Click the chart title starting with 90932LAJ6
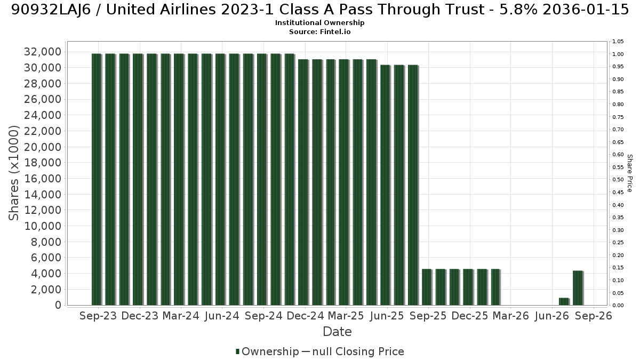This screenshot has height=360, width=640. coord(320,10)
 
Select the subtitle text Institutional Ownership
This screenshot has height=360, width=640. coord(319,23)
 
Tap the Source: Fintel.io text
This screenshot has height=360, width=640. coord(319,31)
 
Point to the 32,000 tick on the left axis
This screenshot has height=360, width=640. coord(43,52)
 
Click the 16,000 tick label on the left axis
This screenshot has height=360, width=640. coord(43,179)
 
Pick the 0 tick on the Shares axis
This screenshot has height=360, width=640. coord(58,305)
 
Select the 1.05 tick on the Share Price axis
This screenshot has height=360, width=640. coord(618,42)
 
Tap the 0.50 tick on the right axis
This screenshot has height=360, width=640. coord(618,180)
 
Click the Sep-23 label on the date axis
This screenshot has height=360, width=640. coord(98,316)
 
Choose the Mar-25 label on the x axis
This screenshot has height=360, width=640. coord(346,316)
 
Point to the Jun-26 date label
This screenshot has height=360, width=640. coord(552,316)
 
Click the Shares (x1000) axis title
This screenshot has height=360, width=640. coord(14,173)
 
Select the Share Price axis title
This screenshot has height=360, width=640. coord(630,173)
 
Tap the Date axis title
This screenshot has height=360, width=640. coord(337,332)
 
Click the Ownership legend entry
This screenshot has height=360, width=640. coord(267,351)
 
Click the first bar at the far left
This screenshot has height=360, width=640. coord(97,179)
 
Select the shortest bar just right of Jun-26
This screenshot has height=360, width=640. coord(564,302)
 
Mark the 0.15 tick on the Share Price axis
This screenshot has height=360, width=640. coord(618,268)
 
